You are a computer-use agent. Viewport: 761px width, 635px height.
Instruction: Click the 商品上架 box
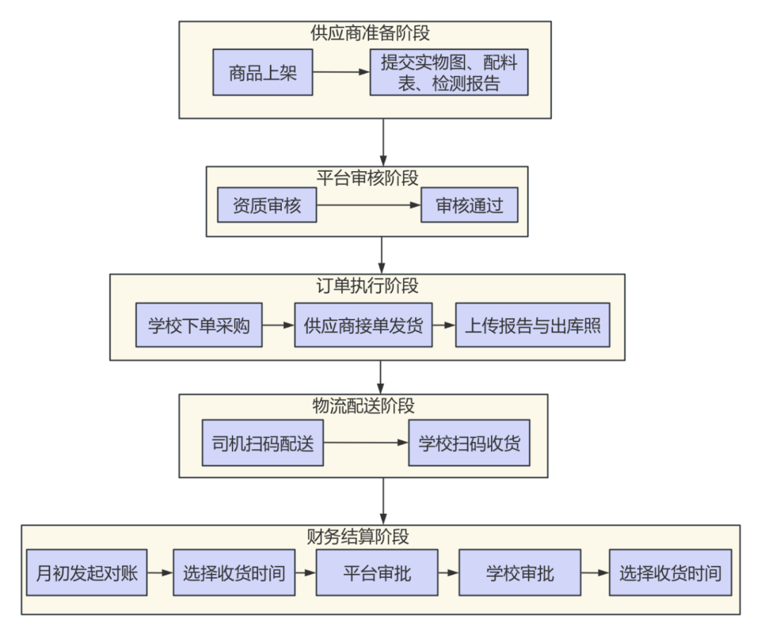[263, 73]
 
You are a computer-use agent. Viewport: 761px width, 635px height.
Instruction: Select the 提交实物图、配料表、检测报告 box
[449, 73]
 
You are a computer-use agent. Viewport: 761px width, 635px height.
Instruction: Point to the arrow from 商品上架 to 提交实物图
[341, 73]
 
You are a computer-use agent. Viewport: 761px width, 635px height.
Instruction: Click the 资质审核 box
[266, 205]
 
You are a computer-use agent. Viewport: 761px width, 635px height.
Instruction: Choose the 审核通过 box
[469, 205]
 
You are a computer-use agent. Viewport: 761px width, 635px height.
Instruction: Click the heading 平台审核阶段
[367, 178]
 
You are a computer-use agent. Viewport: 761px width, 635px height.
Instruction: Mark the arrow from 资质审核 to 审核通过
[368, 205]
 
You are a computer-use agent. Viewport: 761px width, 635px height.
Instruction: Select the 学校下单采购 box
[199, 325]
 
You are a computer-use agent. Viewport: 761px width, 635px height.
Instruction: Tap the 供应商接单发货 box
[363, 325]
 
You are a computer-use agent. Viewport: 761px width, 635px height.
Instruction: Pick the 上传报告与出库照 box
[532, 325]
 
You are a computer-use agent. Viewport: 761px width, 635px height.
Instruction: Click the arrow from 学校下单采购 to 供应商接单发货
[278, 325]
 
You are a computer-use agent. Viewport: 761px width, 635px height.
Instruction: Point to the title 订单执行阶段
[367, 286]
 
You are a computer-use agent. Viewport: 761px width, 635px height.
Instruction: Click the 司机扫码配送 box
[262, 443]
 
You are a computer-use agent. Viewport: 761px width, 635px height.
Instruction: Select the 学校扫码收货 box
[469, 443]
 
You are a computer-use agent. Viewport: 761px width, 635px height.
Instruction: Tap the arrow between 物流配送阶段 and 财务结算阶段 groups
[383, 501]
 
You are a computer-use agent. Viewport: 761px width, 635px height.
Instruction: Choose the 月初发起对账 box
[87, 572]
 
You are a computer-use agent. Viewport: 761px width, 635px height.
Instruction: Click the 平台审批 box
[377, 572]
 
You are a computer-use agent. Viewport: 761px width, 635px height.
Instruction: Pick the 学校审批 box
[520, 572]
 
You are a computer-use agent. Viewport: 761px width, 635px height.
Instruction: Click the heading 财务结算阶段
[358, 537]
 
